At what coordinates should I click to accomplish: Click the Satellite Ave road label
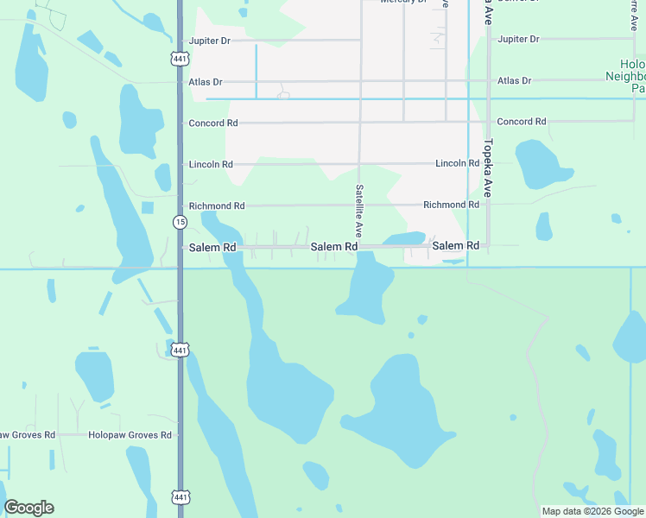tap(358, 212)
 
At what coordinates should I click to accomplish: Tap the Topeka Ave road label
tap(487, 168)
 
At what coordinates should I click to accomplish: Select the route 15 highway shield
tap(179, 223)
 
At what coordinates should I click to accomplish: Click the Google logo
tap(28, 508)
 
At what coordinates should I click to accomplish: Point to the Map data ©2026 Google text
tap(593, 511)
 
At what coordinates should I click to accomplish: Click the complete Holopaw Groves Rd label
tap(130, 435)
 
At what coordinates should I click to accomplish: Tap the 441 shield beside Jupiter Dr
tap(179, 59)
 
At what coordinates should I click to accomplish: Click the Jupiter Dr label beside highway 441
tap(210, 41)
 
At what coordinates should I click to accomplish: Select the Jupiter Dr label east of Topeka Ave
tap(518, 40)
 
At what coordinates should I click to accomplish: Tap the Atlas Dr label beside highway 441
tap(205, 82)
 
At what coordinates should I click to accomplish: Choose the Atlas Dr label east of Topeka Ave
tap(514, 81)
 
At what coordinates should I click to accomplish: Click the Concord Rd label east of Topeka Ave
tap(522, 122)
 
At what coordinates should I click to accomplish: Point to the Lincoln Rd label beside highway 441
tap(211, 164)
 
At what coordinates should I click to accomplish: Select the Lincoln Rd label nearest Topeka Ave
tap(457, 163)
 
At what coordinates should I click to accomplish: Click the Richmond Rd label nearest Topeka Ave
tap(451, 205)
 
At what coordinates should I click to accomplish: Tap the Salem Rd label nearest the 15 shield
tap(212, 248)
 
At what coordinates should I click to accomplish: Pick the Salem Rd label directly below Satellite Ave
tap(334, 247)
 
